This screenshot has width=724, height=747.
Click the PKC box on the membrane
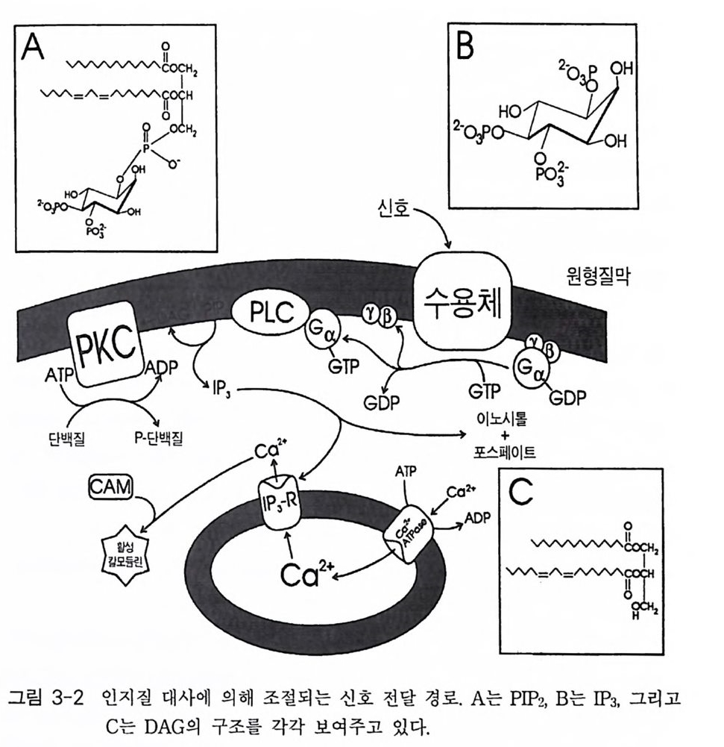[x=107, y=346]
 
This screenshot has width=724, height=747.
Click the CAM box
[x=110, y=488]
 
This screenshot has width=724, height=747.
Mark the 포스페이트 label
[x=504, y=453]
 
